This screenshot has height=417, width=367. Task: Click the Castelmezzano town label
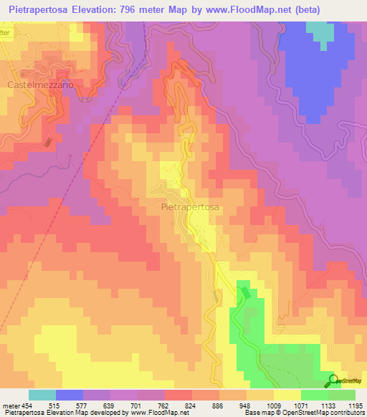pyautogui.click(x=41, y=85)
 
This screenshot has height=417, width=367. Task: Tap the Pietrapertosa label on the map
pyautogui.click(x=186, y=205)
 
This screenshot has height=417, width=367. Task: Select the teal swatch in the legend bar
pyautogui.click(x=42, y=395)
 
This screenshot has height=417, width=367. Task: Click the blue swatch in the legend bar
pyautogui.click(x=70, y=395)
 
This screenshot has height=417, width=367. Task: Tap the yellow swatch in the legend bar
pyautogui.click(x=287, y=395)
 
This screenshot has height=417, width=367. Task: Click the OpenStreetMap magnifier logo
pyautogui.click(x=333, y=380)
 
